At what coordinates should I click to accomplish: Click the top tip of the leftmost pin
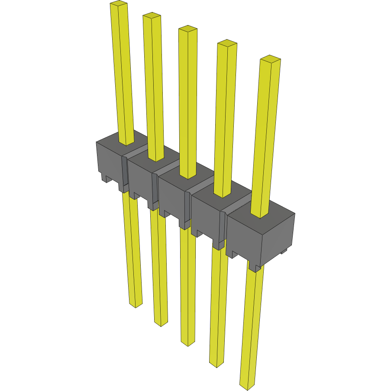119,4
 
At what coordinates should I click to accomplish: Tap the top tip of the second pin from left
152,16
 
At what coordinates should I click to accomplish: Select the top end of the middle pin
188,29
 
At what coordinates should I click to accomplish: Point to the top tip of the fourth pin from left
227,43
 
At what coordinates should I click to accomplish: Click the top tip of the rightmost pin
270,58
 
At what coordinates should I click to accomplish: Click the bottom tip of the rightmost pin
248,387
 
